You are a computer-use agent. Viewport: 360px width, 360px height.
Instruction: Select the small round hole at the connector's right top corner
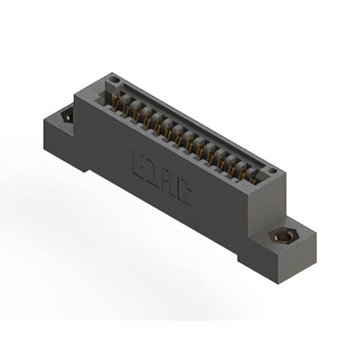[272, 170]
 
